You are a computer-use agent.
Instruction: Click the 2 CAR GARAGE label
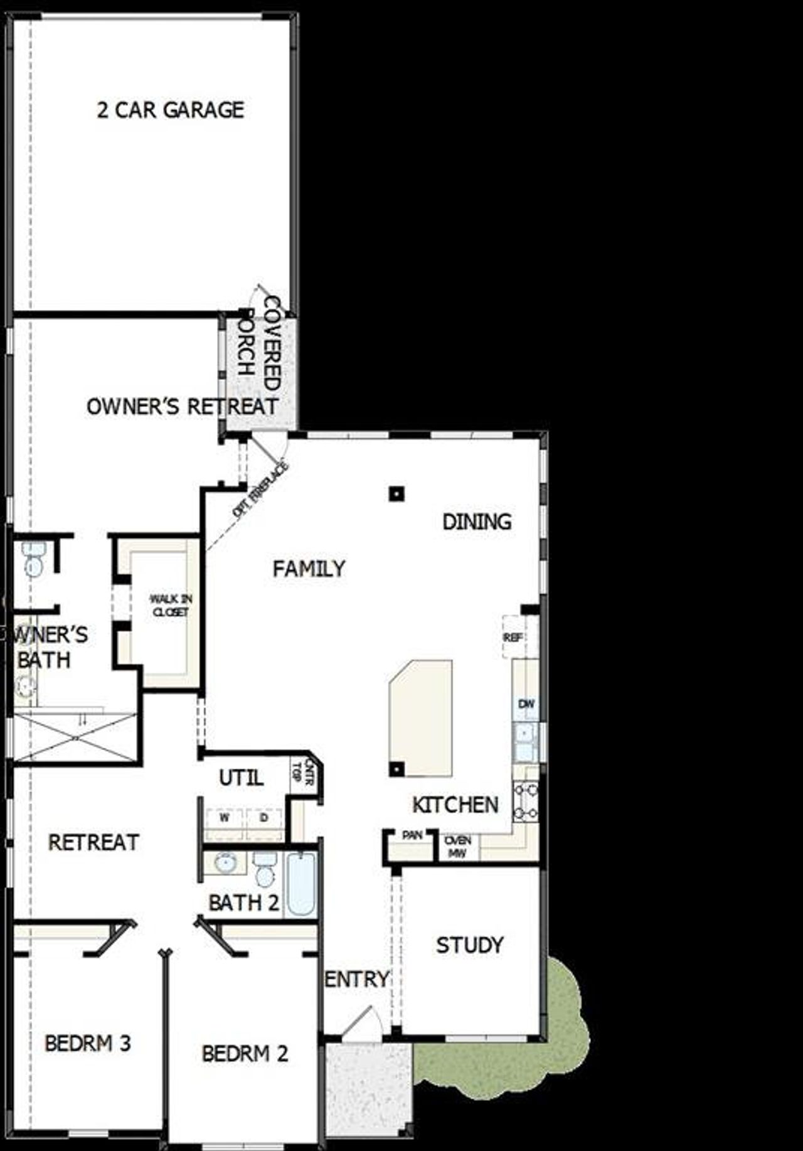[170, 110]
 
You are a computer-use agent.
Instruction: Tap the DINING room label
[477, 522]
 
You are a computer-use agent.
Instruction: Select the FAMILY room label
[309, 569]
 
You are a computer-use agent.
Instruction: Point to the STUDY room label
[470, 945]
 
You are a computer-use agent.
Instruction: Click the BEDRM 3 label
[88, 1043]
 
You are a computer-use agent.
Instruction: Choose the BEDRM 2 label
[245, 1053]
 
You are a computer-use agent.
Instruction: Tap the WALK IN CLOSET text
[170, 606]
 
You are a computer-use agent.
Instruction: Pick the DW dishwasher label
[526, 704]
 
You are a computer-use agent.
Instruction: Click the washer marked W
[225, 818]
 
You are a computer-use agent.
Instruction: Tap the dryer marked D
[264, 818]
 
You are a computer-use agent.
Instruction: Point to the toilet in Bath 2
[264, 869]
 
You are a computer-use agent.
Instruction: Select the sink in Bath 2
[224, 864]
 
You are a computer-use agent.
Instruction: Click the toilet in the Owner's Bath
[33, 559]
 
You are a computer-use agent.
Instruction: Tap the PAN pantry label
[412, 835]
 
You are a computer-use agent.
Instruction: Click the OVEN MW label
[457, 847]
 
